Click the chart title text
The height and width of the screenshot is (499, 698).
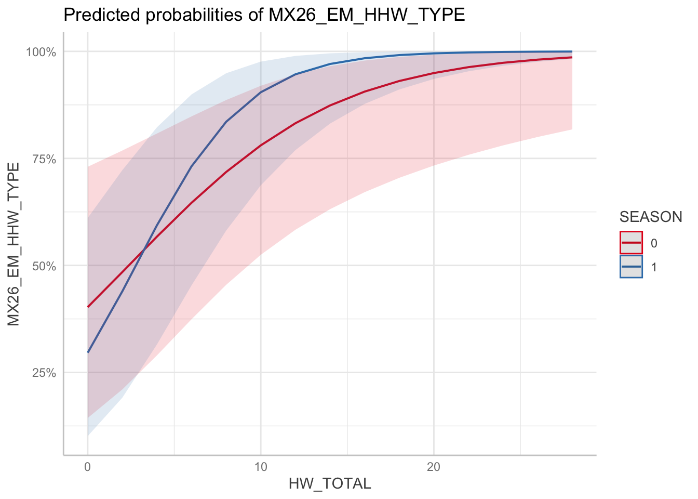(264, 15)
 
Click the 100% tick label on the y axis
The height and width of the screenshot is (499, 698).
(41, 52)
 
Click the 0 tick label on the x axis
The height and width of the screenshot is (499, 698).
(88, 467)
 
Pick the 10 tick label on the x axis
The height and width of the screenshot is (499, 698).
(261, 467)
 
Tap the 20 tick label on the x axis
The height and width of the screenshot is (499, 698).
(434, 467)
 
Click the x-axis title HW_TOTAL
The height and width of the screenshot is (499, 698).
(330, 484)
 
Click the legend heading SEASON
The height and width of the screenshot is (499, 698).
(651, 217)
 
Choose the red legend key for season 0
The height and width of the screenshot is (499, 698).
(631, 243)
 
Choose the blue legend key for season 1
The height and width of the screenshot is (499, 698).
(631, 267)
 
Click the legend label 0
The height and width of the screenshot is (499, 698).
(654, 243)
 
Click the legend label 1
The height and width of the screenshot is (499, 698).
(654, 267)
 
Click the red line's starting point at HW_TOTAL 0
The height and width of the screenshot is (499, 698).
(88, 307)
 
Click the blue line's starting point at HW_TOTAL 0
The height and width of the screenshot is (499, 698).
(88, 352)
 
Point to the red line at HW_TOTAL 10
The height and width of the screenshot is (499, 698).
(261, 145)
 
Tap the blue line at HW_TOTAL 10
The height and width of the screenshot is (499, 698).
(261, 92)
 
